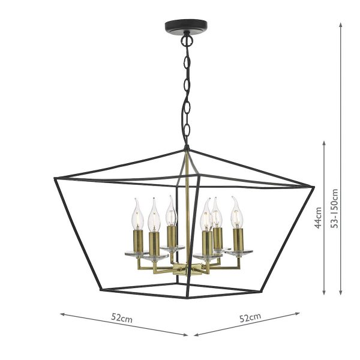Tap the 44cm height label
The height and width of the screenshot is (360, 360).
[318, 217]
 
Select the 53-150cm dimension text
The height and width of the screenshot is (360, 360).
[334, 208]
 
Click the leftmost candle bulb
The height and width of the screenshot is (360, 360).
[137, 214]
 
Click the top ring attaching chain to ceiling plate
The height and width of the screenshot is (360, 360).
[187, 41]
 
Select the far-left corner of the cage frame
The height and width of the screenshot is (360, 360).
[55, 179]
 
